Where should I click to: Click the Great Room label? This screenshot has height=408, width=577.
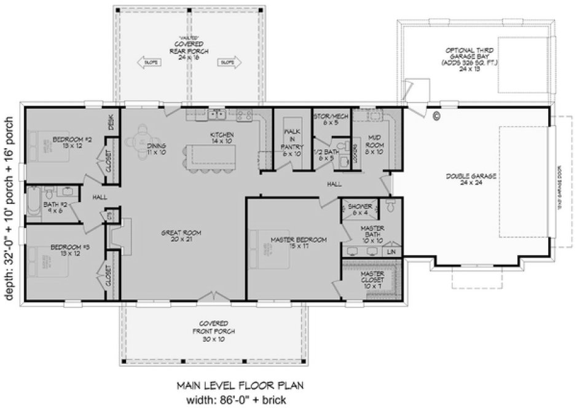coord(181,236)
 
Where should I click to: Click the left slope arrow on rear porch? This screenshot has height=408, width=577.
coord(151,62)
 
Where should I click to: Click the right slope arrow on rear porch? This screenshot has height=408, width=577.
coord(227,62)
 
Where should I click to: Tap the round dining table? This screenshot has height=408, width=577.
coord(141,136)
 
